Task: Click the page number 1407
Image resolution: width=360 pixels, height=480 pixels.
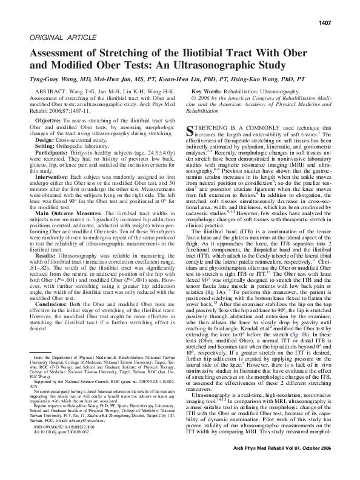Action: coord(339,22)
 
